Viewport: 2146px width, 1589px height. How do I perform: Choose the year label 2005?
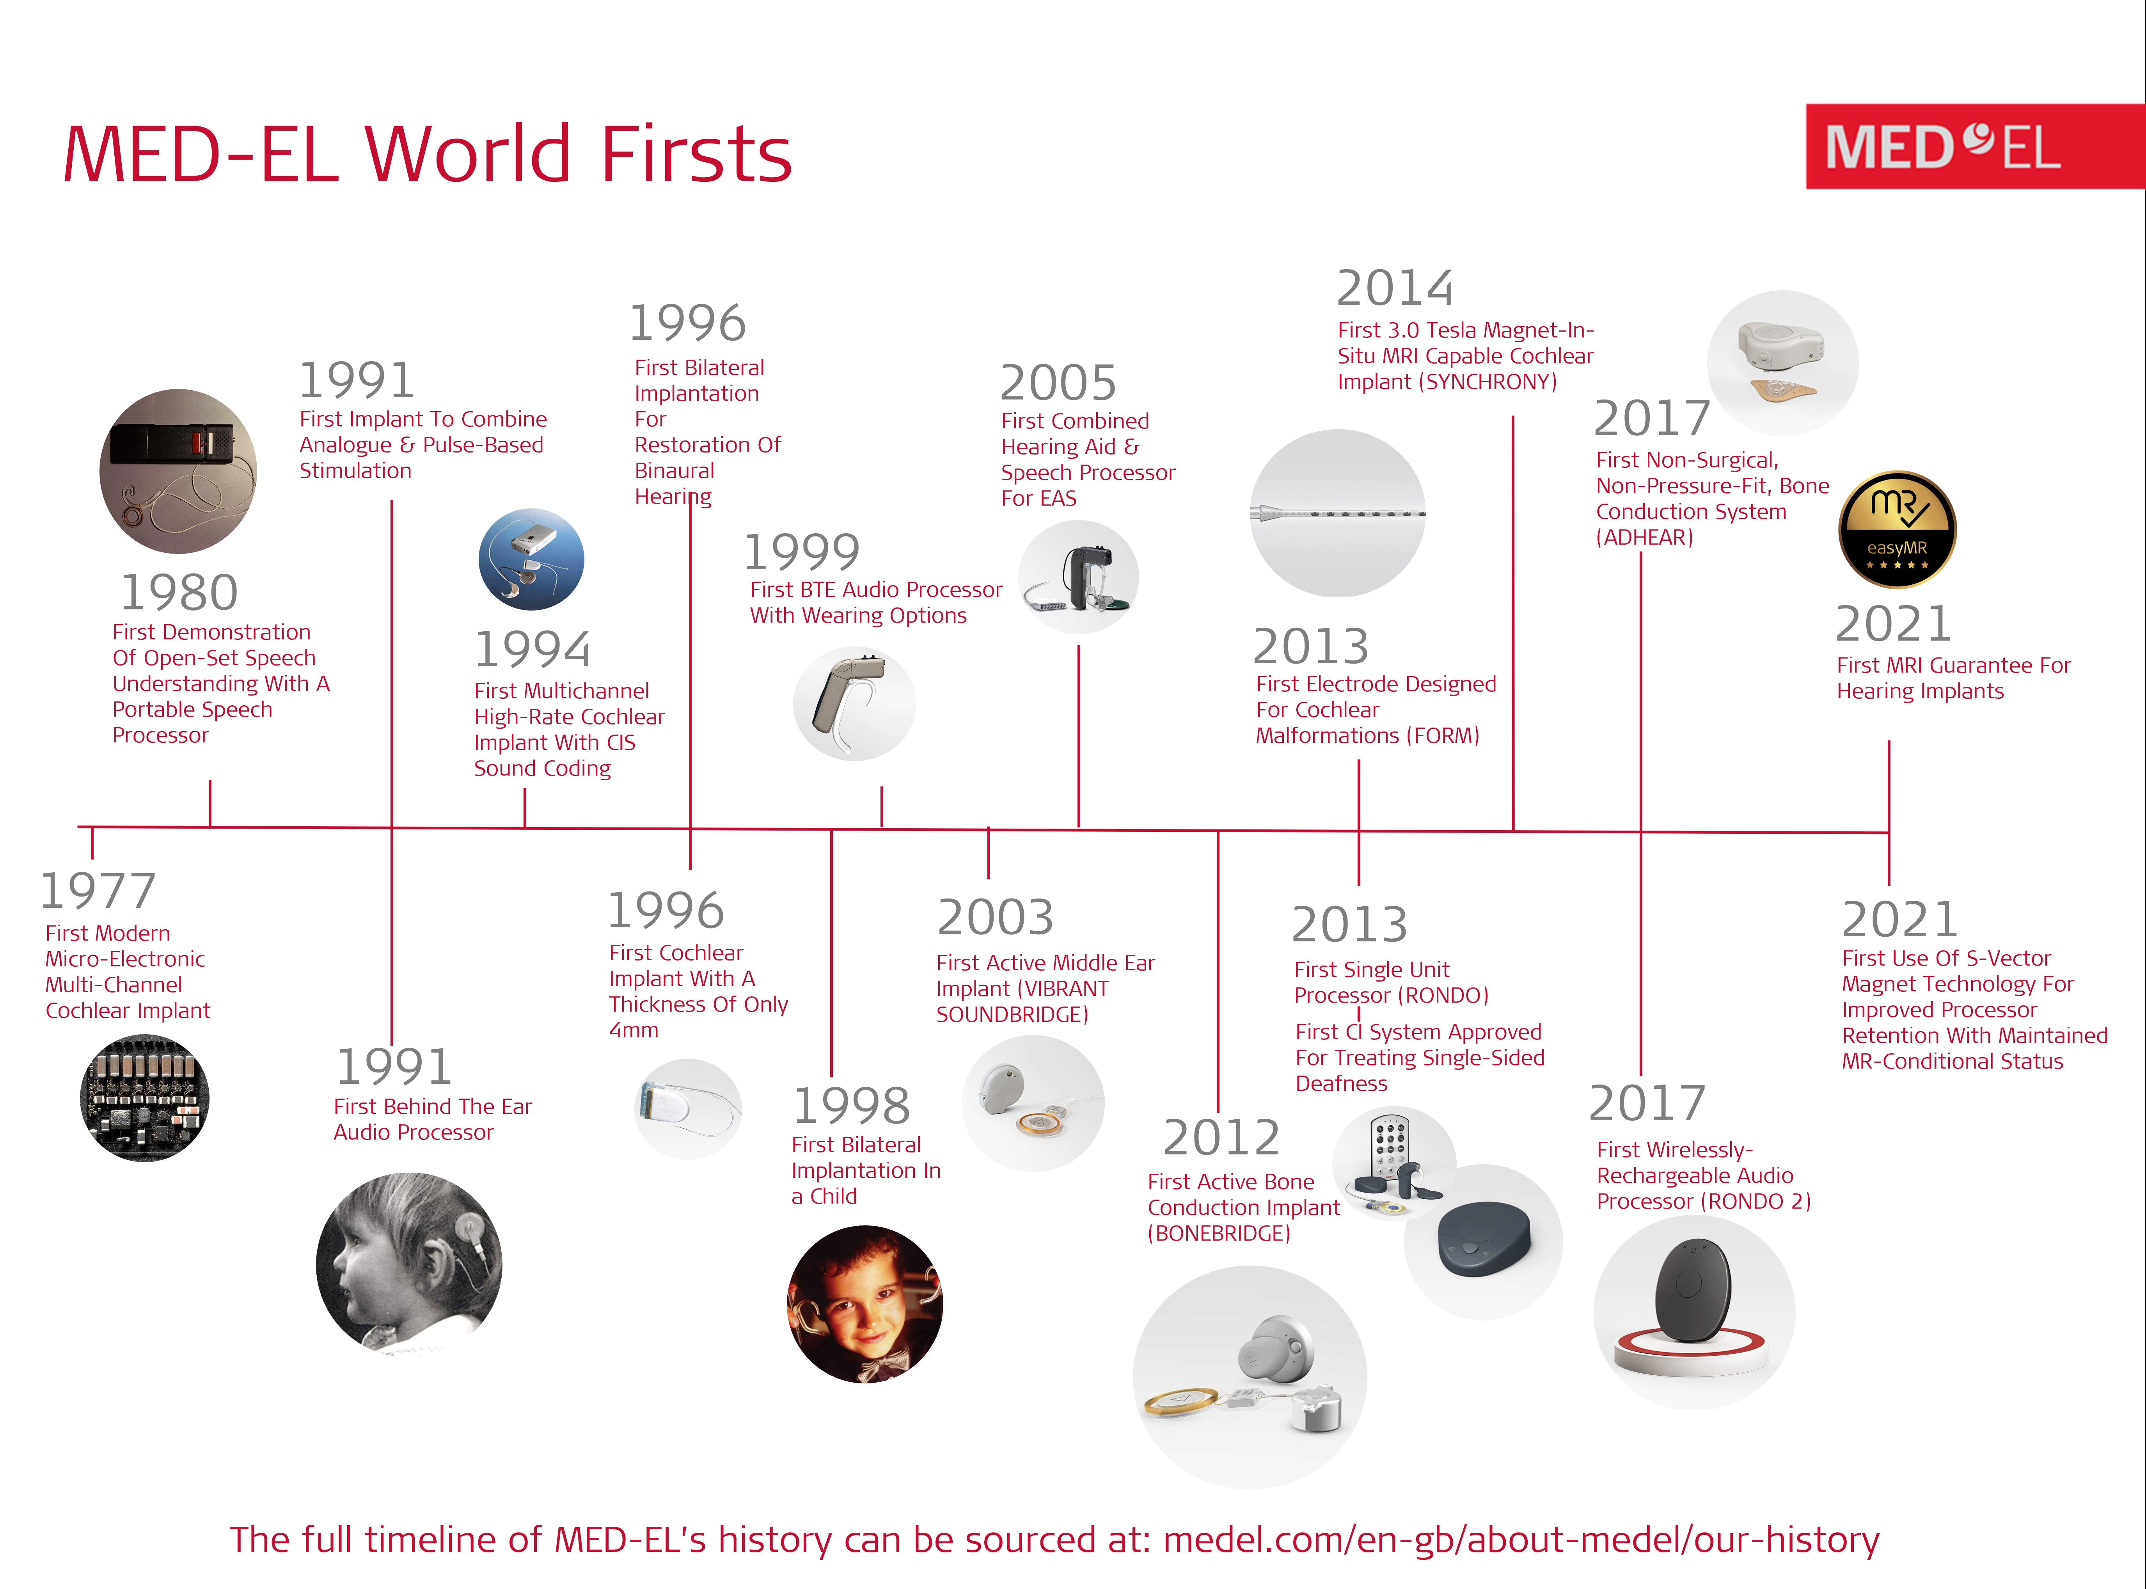[x=1058, y=383]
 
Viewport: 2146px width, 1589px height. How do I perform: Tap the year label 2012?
[x=1221, y=1138]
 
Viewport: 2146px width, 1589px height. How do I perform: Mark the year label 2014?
[x=1395, y=288]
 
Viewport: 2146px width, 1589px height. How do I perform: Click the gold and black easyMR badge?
[x=1897, y=529]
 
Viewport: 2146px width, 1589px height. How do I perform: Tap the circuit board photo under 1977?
[x=144, y=1097]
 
